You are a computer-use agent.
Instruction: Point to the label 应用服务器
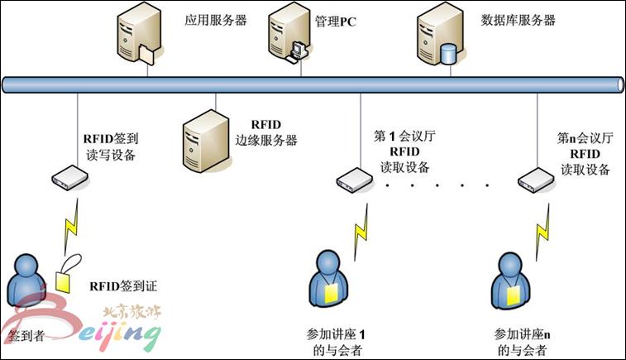[x=216, y=20]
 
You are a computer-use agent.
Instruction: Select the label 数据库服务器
[x=518, y=20]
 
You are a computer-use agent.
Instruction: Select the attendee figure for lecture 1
[x=328, y=285]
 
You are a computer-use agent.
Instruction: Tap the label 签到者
[x=24, y=338]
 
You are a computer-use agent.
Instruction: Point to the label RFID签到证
[x=123, y=287]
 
